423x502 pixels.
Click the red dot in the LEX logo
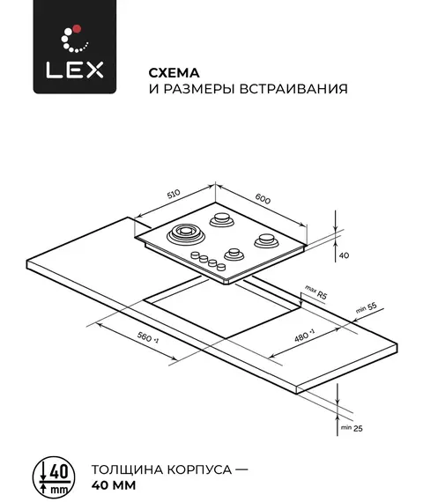(77, 29)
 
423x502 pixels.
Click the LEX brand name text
(75, 70)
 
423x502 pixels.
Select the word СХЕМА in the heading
(174, 73)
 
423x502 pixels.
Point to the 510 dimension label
(174, 194)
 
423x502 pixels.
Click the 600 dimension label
(263, 199)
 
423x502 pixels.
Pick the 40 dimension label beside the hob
(344, 255)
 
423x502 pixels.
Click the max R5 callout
(316, 292)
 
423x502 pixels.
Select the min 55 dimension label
(367, 308)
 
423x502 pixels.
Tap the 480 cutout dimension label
(304, 335)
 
